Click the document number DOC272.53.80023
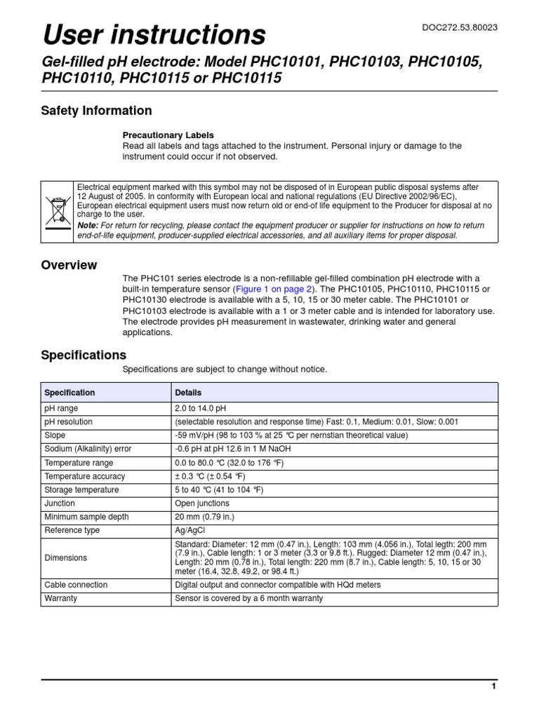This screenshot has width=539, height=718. point(460,27)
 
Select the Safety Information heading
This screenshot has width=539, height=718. point(96,111)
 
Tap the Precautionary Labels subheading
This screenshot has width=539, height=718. point(168,135)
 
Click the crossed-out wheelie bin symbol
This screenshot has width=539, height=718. point(57,212)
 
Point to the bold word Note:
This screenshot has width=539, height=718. point(88,226)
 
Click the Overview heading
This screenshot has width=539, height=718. point(69,265)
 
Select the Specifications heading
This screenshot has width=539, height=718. point(84,355)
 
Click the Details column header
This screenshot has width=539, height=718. point(188,393)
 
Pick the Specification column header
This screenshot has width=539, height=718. point(69,393)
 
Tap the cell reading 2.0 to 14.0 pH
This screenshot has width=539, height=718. point(201,408)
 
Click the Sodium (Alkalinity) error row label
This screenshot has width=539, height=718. point(88,449)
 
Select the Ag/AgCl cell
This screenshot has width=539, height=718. point(191,530)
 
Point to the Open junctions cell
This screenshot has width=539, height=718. point(202,503)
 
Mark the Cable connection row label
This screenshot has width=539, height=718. point(76,585)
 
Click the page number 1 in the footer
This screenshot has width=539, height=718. point(494,686)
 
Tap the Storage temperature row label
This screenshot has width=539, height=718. point(81,489)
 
